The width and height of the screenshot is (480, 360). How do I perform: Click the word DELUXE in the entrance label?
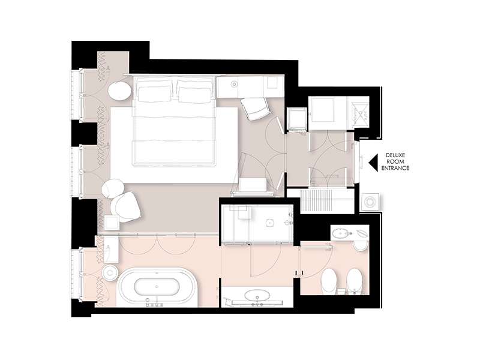[395, 155]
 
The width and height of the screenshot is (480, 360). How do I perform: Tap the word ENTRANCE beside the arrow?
[395, 168]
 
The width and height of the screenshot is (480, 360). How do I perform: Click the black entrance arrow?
[373, 161]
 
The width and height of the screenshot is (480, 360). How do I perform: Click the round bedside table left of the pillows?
[119, 91]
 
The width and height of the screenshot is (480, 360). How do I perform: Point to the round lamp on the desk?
[235, 84]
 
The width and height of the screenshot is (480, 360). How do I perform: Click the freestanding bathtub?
[157, 287]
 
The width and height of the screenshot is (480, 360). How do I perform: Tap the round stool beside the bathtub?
[110, 272]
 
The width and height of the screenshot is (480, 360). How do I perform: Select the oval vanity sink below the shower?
[257, 296]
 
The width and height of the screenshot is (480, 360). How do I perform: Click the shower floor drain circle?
[269, 223]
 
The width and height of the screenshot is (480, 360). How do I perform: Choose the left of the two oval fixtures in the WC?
[329, 280]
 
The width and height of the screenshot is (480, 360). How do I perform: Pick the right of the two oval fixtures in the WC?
[355, 280]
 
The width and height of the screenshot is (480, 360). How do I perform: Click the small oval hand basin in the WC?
[340, 233]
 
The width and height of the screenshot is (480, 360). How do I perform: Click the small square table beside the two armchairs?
[112, 223]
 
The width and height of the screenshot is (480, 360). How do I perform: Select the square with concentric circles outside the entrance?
[370, 202]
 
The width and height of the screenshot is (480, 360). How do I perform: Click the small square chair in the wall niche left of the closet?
[298, 119]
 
